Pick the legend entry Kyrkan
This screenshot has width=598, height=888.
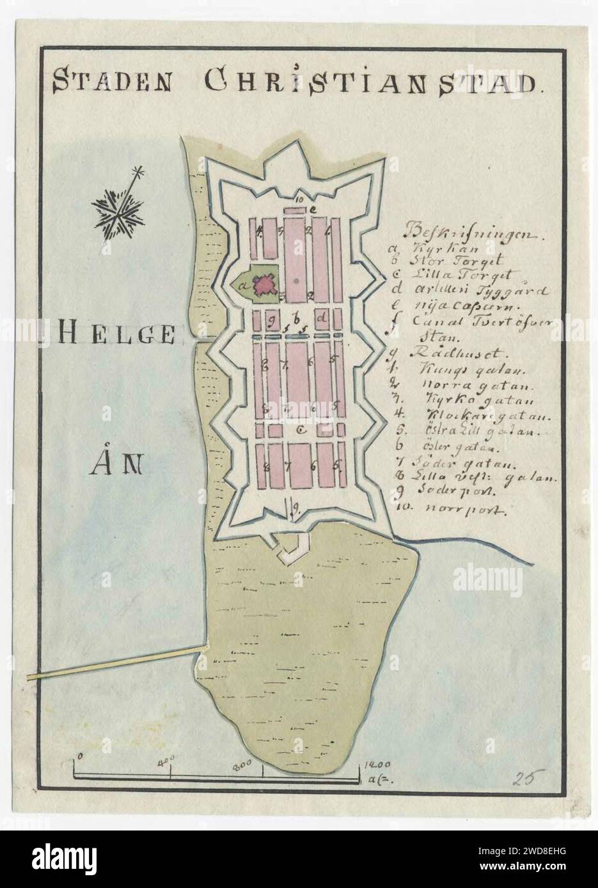click(x=430, y=246)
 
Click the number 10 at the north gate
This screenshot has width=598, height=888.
click(x=297, y=198)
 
